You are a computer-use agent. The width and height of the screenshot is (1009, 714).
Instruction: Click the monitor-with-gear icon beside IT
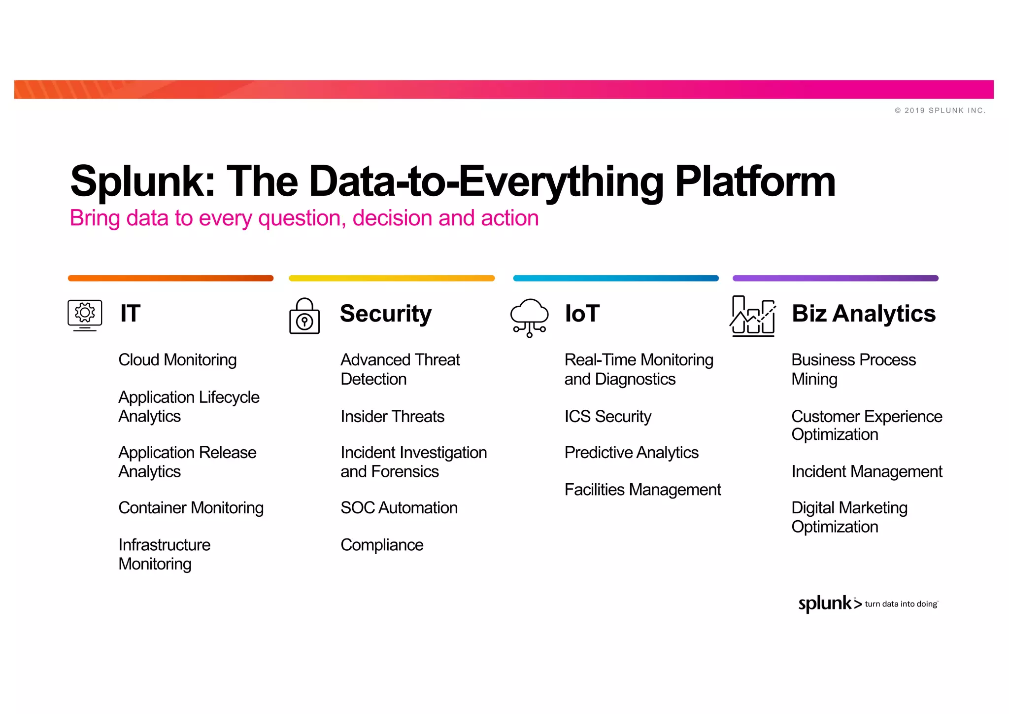(85, 315)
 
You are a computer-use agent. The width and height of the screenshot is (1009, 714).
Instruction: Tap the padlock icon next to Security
(304, 317)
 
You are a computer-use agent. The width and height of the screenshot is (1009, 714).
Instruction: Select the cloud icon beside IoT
(529, 317)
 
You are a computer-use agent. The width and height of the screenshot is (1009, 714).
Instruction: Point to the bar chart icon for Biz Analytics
(753, 316)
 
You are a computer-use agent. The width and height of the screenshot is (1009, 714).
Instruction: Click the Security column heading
(385, 314)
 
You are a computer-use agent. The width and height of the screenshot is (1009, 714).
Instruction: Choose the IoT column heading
(582, 314)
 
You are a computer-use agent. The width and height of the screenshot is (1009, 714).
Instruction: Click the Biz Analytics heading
(863, 314)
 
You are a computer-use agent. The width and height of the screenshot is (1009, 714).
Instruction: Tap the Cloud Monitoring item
(177, 360)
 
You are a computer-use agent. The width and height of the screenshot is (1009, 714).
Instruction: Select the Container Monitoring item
(191, 508)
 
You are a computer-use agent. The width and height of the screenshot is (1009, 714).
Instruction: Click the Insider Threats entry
(392, 417)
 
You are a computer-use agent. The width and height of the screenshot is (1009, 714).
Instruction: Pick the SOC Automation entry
(399, 508)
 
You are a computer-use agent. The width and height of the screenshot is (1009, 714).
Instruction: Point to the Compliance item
(382, 545)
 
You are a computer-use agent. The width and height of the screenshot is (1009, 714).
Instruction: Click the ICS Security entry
(607, 417)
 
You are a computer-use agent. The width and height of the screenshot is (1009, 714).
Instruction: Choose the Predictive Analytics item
(631, 453)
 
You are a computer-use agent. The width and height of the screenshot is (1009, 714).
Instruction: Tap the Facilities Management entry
(642, 490)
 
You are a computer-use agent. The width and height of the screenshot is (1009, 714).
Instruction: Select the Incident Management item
(866, 472)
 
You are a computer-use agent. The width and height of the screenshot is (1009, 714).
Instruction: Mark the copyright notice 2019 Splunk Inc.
(940, 110)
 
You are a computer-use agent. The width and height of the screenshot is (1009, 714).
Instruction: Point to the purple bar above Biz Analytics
(835, 278)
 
